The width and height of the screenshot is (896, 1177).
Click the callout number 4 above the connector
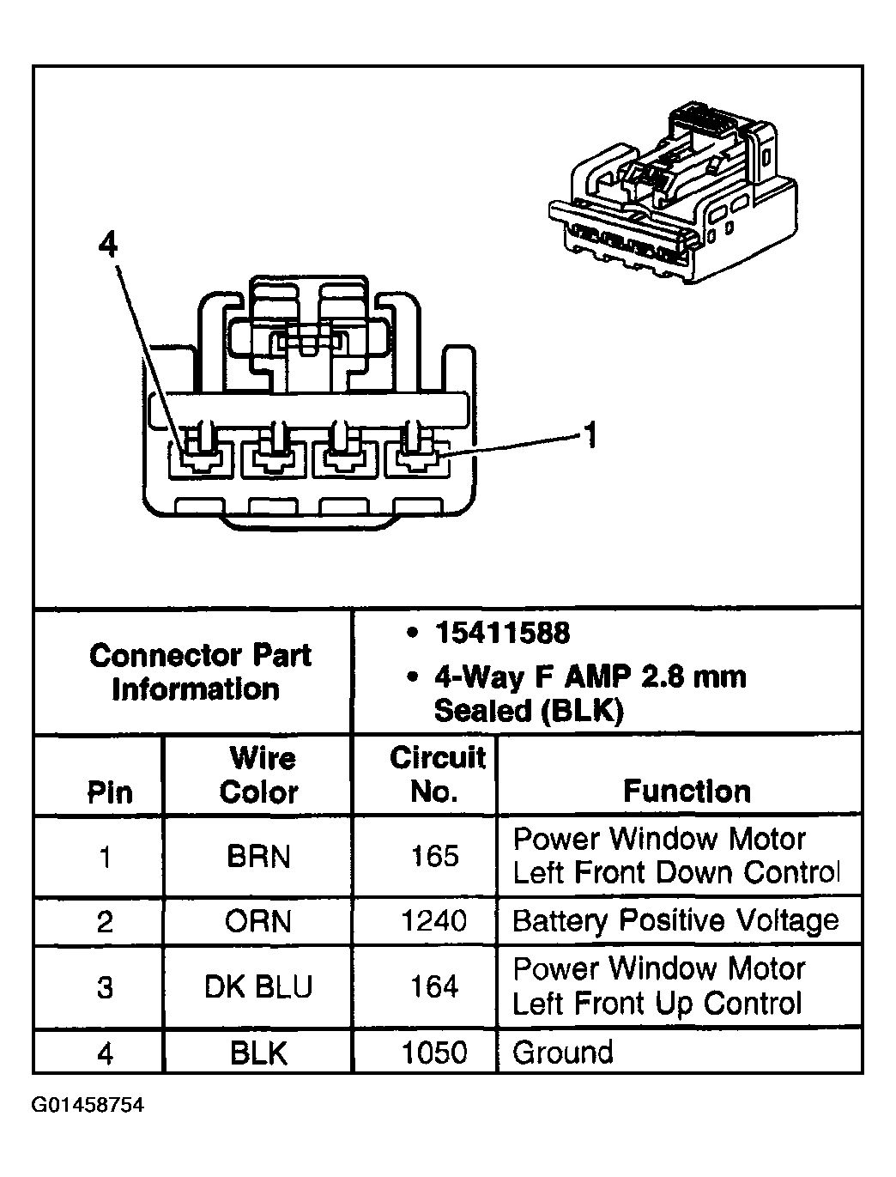107,246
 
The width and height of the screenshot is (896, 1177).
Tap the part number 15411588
501,634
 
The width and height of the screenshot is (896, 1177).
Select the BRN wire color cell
258,857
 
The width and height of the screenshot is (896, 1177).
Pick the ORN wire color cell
258,922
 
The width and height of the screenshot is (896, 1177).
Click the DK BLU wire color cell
258,987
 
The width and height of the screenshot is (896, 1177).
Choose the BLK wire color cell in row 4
258,1053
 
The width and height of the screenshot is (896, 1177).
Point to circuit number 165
434,856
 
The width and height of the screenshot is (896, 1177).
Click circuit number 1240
434,921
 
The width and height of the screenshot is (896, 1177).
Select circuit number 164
434,986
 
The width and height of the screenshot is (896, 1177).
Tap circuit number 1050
434,1053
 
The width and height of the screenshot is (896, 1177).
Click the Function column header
687,791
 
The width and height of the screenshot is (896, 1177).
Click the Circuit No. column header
437,774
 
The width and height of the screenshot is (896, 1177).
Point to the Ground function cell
563,1053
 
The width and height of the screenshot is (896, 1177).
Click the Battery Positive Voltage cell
675,921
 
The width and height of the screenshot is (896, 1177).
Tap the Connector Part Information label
199,672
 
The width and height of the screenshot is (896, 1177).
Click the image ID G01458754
88,1104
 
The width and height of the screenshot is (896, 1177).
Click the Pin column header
110,792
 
